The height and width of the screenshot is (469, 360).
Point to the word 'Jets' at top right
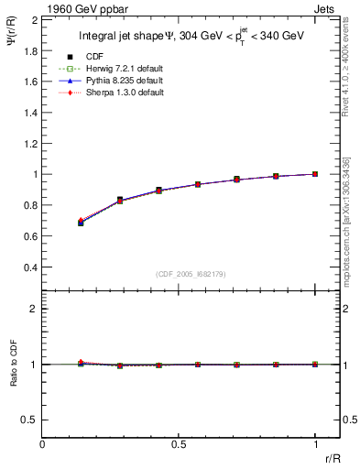(x=327, y=8)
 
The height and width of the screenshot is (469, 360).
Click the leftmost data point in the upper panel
(x=81, y=222)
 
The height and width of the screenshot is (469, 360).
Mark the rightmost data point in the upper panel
(x=315, y=173)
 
